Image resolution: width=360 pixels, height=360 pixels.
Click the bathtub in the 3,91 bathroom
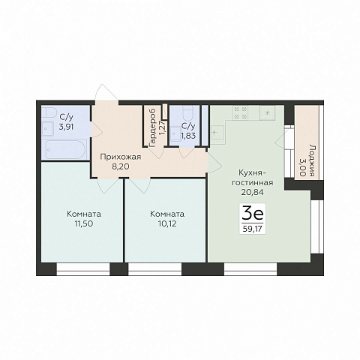66,149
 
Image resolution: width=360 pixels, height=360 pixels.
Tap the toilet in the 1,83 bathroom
187,113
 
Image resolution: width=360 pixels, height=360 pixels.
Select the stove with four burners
240,112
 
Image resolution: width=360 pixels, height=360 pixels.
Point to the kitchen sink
217,133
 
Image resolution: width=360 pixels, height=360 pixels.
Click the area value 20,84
253,192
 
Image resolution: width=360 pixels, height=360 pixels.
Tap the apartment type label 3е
253,214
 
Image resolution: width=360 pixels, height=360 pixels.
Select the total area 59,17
253,229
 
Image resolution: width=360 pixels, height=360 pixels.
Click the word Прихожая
121,157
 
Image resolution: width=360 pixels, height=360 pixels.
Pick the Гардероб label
152,127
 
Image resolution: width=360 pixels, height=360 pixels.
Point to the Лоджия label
311,160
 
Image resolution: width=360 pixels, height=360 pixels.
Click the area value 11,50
84,223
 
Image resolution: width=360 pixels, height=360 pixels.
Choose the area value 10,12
167,223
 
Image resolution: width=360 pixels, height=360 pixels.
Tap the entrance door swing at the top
106,92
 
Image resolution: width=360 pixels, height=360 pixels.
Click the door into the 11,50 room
107,185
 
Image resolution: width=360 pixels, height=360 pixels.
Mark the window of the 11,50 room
83,269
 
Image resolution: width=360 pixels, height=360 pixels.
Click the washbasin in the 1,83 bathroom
176,134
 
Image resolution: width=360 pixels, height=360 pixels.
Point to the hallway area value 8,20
121,166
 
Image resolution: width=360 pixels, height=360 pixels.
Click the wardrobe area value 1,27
163,128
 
